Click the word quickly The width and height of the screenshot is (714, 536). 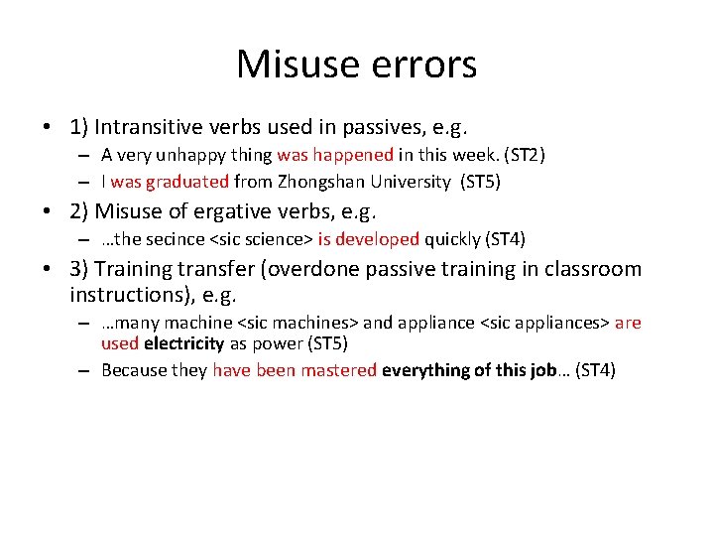(457, 239)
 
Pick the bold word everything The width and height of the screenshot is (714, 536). (429, 370)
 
